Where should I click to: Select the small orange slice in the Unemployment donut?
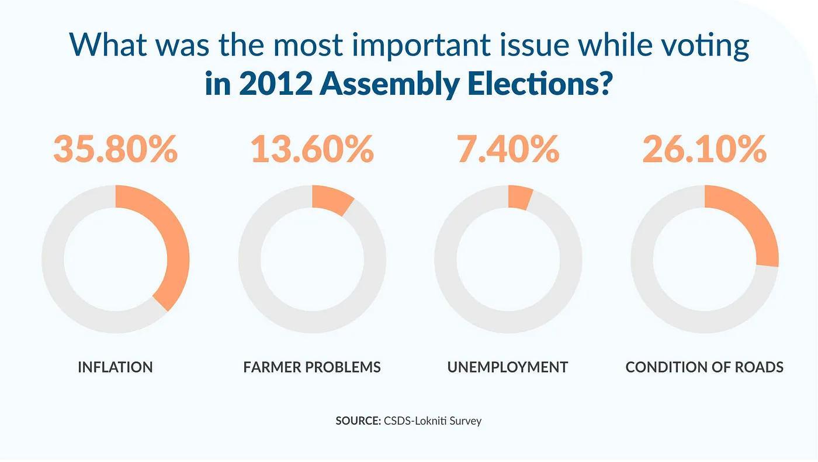(519, 197)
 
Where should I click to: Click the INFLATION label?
(115, 367)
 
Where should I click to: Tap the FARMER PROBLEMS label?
(312, 367)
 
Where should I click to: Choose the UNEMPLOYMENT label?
(508, 367)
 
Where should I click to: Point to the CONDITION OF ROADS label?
(704, 367)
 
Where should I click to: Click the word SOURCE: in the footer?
(358, 420)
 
